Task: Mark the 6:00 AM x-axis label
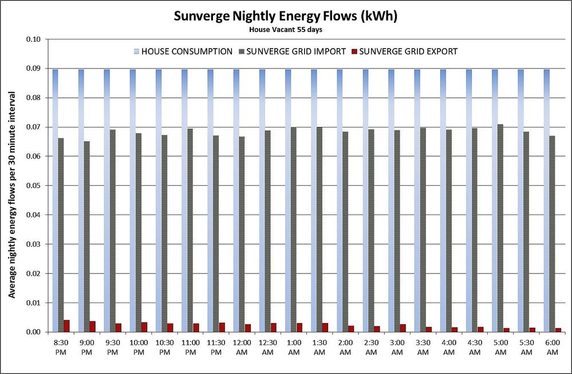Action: coord(553,348)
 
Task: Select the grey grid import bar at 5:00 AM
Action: coord(500,228)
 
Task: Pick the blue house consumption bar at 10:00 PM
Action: coord(133,200)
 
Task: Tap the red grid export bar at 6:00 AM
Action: coord(558,330)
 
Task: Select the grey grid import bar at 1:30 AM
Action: coord(319,229)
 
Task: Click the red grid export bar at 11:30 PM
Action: coord(222,327)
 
